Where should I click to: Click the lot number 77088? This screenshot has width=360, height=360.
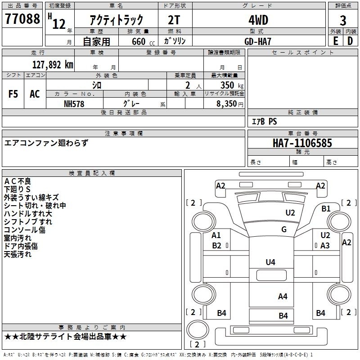[22, 18]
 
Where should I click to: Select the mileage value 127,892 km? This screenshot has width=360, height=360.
[53, 65]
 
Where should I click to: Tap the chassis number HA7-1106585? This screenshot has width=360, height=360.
[302, 143]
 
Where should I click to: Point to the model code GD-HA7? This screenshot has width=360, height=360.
[258, 41]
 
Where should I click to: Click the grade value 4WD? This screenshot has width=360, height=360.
[258, 20]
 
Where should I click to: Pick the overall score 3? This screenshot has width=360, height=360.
[343, 21]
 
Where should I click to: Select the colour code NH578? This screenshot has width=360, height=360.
[74, 104]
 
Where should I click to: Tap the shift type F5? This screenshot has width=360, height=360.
[13, 94]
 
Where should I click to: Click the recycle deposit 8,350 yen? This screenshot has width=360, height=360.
[229, 104]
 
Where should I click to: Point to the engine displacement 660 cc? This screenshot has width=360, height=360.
[143, 41]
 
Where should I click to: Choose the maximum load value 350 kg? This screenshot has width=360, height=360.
[232, 85]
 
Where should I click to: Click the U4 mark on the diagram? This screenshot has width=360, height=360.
[270, 262]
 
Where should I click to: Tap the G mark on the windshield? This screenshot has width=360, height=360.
[284, 229]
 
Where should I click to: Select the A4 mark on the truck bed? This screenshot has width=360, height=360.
[283, 297]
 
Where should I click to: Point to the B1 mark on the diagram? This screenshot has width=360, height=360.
[326, 209]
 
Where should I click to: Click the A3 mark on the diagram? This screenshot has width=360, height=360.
[325, 245]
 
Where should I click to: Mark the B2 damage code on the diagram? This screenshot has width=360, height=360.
[216, 245]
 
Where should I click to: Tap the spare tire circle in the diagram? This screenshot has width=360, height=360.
[198, 329]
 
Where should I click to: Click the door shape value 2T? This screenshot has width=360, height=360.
[174, 20]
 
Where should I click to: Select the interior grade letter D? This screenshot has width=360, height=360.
[350, 41]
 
